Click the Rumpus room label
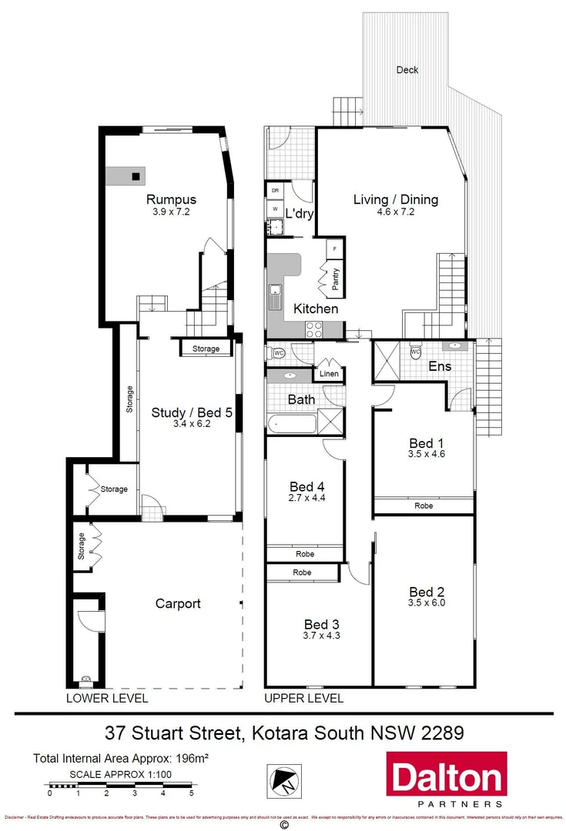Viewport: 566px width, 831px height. (x=172, y=199)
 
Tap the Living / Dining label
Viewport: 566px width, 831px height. (x=395, y=199)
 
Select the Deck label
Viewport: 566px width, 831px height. (x=407, y=70)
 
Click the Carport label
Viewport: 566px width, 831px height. (x=178, y=604)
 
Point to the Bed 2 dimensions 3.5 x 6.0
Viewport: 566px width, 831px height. (x=427, y=603)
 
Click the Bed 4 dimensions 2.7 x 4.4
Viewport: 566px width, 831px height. (x=307, y=498)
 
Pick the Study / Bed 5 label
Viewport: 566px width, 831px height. (x=191, y=412)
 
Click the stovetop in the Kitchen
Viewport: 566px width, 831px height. (x=314, y=329)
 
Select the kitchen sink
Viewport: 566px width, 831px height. (x=274, y=293)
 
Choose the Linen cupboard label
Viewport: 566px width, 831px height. (x=329, y=374)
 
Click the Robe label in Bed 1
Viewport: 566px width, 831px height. (x=424, y=506)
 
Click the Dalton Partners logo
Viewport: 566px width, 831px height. (x=446, y=779)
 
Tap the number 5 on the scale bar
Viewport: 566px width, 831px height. (x=192, y=792)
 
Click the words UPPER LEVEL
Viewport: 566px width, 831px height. (x=303, y=699)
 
